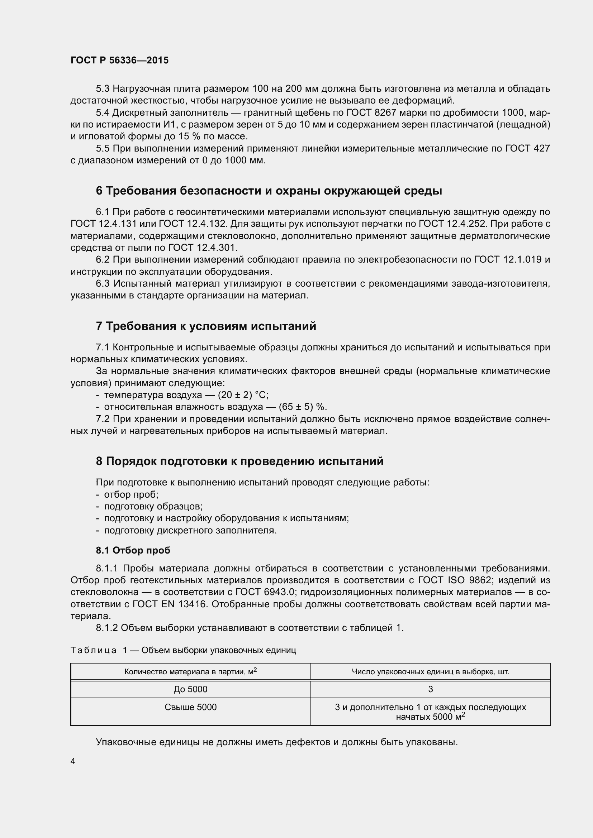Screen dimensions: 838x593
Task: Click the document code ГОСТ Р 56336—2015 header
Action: pyautogui.click(x=119, y=61)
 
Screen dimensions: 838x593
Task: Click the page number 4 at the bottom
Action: pyautogui.click(x=73, y=761)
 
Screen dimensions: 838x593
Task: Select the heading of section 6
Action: pyautogui.click(x=269, y=191)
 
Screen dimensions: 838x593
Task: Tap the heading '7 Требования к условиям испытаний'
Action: pyautogui.click(x=206, y=326)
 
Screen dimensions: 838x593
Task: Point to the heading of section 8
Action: pyautogui.click(x=239, y=461)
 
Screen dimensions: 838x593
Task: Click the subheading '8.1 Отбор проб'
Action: pyautogui.click(x=133, y=550)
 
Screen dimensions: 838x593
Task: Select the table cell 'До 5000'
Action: pyautogui.click(x=190, y=689)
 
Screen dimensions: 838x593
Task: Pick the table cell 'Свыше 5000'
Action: pyautogui.click(x=190, y=707)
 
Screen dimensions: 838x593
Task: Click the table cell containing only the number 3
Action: pyautogui.click(x=431, y=689)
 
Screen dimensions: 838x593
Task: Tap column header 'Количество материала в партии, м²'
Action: pyautogui.click(x=190, y=671)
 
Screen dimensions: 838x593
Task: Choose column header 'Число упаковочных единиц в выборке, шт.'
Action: pyautogui.click(x=431, y=671)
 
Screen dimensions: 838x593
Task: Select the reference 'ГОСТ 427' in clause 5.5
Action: pyautogui.click(x=527, y=149)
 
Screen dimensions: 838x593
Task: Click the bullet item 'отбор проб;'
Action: pyautogui.click(x=131, y=494)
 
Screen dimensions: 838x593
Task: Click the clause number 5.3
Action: pyautogui.click(x=103, y=89)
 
